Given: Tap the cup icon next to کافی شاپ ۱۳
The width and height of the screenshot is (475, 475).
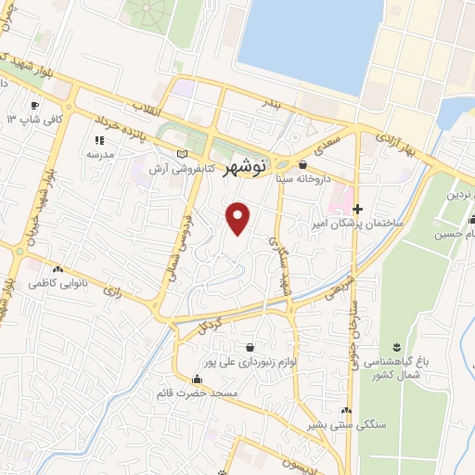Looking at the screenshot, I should (x=35, y=104).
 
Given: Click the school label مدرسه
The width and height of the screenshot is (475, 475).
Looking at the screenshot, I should (x=99, y=154).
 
